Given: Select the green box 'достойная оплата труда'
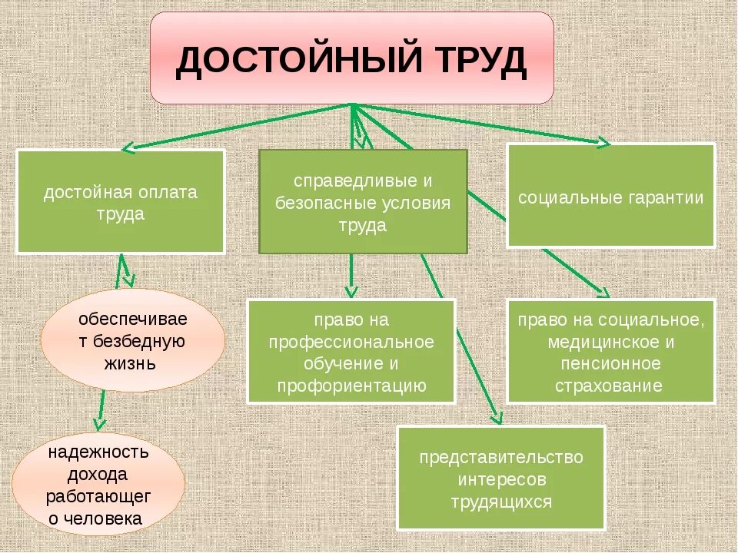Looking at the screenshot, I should coord(121,202).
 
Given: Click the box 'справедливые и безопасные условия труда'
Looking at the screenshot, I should coord(363,202).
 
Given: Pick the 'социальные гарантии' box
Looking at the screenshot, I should coord(610,196).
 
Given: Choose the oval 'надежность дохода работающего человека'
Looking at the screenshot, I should coord(98,485).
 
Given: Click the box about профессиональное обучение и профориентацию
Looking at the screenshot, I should coord(351,351).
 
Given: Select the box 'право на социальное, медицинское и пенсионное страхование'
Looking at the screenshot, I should coord(610,351).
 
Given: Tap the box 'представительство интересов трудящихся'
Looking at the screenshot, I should coord(500,478).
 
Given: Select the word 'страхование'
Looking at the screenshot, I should coord(610,385).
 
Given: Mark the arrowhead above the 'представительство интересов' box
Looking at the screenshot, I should coord(497,419).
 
